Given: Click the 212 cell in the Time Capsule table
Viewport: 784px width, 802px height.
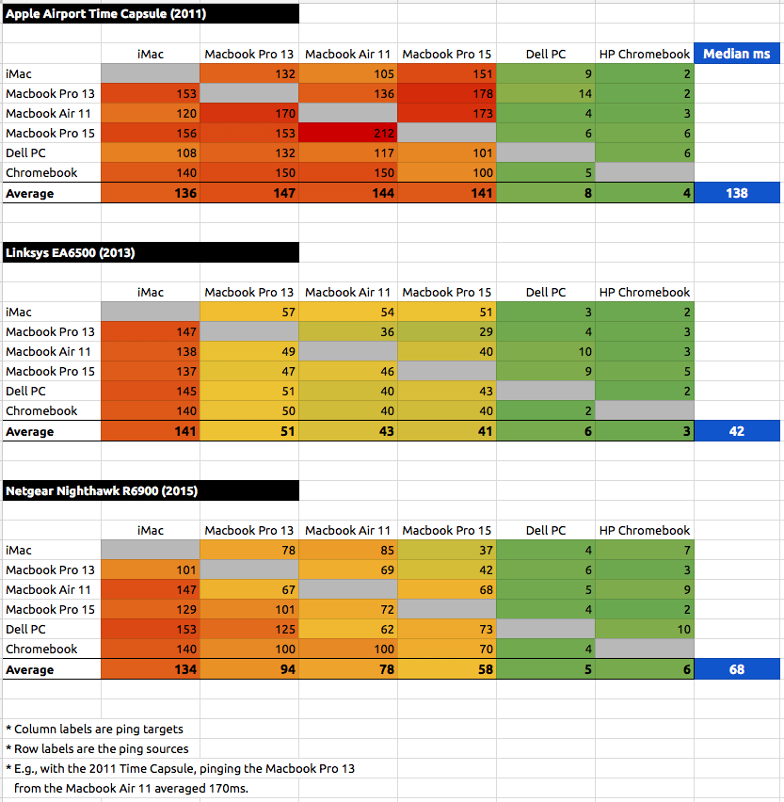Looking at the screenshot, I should click(348, 134).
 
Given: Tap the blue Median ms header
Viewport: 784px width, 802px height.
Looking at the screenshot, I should click(737, 54).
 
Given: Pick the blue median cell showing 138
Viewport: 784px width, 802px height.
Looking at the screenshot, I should click(737, 193).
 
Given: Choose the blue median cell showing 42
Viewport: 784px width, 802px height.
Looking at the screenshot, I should click(737, 431).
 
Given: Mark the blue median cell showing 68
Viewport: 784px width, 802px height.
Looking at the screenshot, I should click(737, 669).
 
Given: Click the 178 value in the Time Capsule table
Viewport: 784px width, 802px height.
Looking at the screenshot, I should click(447, 94).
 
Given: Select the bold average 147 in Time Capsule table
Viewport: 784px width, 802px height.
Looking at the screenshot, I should click(249, 193).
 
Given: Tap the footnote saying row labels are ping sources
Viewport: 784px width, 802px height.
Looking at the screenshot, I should click(97, 748).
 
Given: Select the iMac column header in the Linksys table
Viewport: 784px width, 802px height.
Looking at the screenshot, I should click(150, 293).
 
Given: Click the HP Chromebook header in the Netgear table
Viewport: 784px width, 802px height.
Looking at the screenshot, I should click(645, 531).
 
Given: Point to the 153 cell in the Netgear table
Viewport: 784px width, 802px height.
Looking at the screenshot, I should click(150, 630).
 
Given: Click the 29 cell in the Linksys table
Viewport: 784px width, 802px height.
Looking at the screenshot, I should click(447, 332).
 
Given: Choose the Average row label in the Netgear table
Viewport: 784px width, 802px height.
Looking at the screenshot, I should click(30, 670).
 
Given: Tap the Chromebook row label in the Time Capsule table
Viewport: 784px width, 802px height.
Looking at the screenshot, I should click(41, 173).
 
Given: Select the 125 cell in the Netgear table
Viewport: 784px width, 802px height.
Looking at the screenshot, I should click(249, 630).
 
